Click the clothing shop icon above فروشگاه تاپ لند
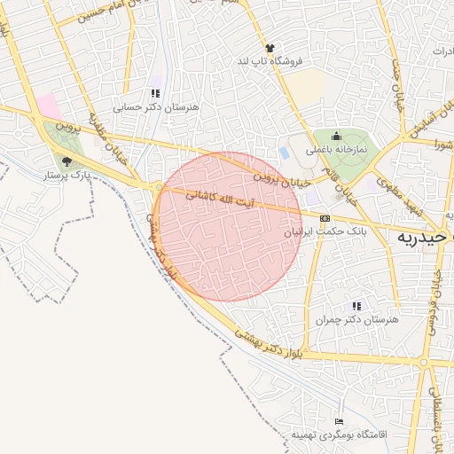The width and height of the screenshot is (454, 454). point(269,48)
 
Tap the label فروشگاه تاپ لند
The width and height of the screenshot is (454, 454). point(268,61)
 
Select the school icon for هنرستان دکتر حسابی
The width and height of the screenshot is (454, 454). point(155,93)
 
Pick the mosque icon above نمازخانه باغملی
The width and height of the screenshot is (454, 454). point(336,137)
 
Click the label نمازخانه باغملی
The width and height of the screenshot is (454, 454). point(336,151)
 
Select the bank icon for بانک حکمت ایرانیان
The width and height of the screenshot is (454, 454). point(325,218)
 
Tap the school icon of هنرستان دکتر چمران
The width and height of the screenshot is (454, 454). point(357,305)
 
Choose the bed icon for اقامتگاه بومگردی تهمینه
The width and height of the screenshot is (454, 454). point(339,422)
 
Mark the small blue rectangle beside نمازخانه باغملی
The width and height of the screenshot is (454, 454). point(284,153)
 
